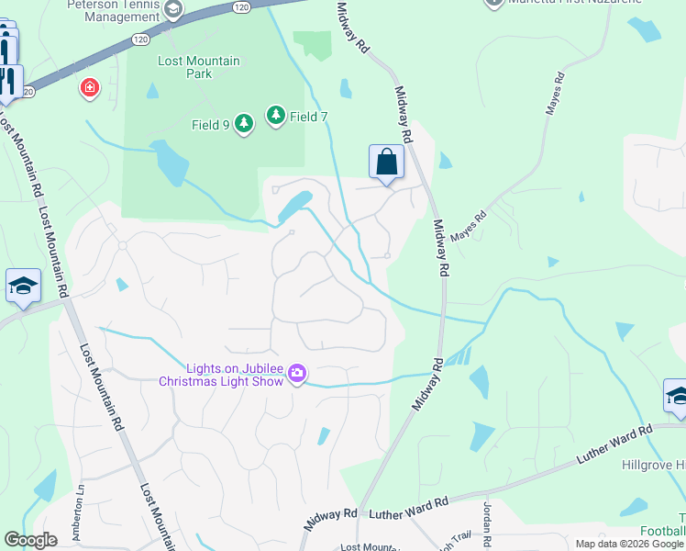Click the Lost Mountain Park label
tap(198, 67)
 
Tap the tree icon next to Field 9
tap(243, 124)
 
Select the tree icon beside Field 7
tap(275, 116)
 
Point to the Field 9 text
tap(210, 125)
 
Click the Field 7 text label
tap(308, 117)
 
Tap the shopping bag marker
tap(386, 163)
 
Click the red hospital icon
tap(89, 89)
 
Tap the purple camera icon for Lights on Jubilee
tap(296, 373)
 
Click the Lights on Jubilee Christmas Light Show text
tap(223, 374)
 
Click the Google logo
tap(30, 540)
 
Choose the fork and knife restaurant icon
tap(10, 81)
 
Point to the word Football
tap(665, 531)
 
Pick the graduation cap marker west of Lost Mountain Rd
tap(22, 286)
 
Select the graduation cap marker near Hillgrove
tap(676, 396)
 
